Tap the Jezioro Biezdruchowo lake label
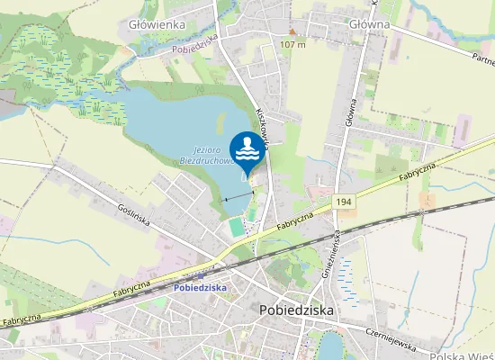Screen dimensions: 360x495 pyautogui.click(x=213, y=155)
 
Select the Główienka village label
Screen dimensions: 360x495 pyautogui.click(x=157, y=24)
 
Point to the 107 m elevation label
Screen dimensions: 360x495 pyautogui.click(x=292, y=44)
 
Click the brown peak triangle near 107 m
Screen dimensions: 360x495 pyautogui.click(x=292, y=31)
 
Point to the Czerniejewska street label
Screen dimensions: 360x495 pyautogui.click(x=391, y=334)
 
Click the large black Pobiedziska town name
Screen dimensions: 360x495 pyautogui.click(x=295, y=309)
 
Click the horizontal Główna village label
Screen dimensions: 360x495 pyautogui.click(x=366, y=24)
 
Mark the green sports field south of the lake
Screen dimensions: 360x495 pyautogui.click(x=237, y=228)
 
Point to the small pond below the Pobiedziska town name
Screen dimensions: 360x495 pyautogui.click(x=331, y=346)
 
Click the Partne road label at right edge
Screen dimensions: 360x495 pyautogui.click(x=482, y=58)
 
